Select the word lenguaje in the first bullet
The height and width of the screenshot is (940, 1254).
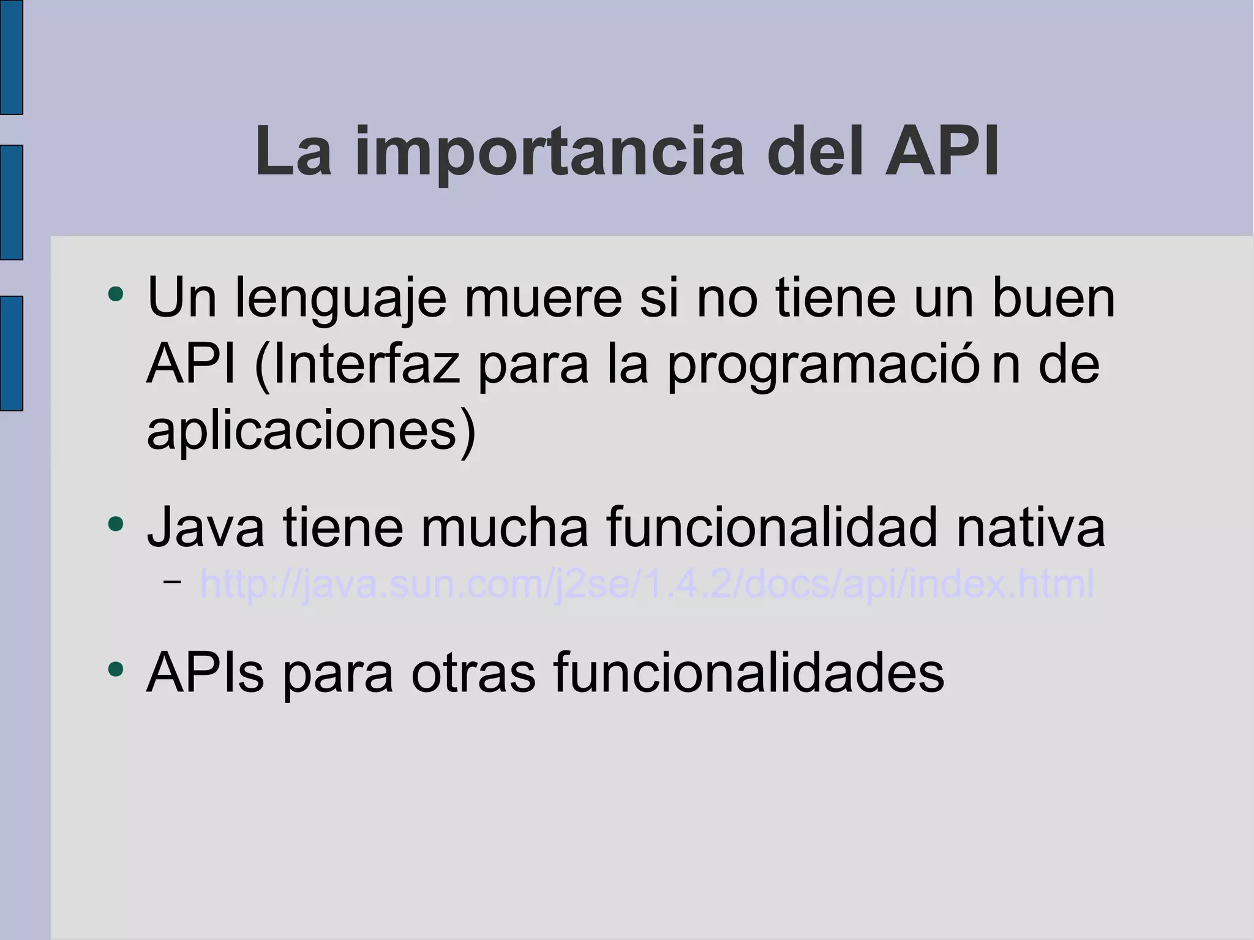(x=340, y=298)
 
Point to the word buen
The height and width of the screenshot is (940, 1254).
(x=1053, y=298)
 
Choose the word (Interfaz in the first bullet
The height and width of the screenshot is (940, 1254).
(x=357, y=364)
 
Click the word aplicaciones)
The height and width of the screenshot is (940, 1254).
(x=311, y=430)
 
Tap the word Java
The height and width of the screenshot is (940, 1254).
(x=206, y=527)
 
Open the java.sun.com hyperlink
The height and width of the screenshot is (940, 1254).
(x=647, y=584)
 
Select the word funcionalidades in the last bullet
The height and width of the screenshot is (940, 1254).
(x=748, y=672)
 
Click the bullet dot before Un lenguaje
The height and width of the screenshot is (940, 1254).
(x=115, y=295)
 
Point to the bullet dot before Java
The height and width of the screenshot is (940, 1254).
(x=115, y=524)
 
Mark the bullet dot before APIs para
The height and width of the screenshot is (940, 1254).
(x=115, y=668)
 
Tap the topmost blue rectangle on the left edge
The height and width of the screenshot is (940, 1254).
(x=11, y=57)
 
